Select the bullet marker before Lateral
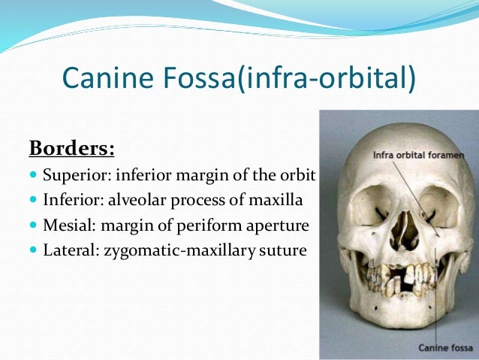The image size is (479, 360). point(33,250)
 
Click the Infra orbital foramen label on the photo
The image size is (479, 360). point(417,155)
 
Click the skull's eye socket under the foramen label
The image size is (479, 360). point(438,203)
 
